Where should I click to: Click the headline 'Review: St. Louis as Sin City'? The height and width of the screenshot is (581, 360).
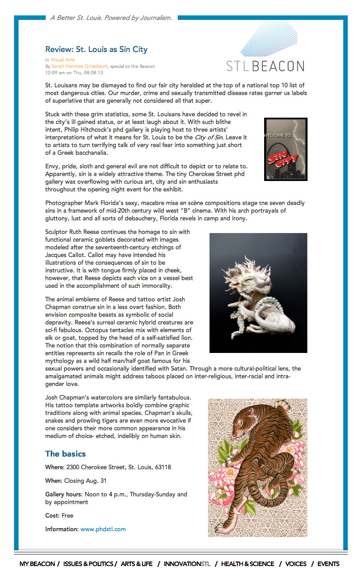click(96, 49)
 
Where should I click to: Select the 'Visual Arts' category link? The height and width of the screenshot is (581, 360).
click(63, 60)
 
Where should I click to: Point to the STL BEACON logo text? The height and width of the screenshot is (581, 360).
click(265, 66)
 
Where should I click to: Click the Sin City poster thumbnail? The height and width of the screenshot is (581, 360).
click(285, 149)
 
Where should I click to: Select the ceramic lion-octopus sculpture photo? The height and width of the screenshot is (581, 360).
click(258, 293)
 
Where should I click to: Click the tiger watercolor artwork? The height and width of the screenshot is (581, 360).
click(257, 467)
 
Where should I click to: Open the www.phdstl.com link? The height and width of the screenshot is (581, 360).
click(103, 529)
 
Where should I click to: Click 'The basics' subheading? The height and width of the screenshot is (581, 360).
click(65, 454)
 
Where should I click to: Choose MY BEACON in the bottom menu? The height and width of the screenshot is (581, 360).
click(37, 564)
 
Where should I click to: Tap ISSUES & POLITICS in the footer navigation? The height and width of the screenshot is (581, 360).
click(88, 564)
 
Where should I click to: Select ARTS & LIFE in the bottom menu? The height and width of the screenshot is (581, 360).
click(137, 564)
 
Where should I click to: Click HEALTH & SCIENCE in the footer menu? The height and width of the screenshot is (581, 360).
click(247, 564)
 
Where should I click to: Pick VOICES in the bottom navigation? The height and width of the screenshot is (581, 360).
click(296, 564)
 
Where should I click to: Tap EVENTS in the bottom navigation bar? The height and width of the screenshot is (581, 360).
click(328, 564)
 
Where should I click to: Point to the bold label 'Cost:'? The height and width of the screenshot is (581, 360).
click(52, 515)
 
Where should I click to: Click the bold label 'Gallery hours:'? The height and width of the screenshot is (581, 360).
click(64, 494)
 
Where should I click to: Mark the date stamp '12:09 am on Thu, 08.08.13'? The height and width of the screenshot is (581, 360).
click(74, 72)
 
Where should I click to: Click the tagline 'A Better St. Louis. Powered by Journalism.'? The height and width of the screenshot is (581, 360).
click(111, 18)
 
